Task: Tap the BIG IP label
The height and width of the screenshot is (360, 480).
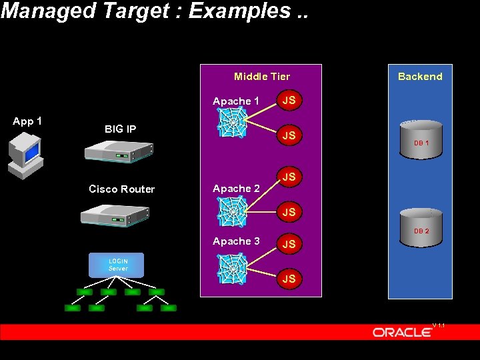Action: coord(120,129)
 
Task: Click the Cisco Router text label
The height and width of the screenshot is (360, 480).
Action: coord(121,189)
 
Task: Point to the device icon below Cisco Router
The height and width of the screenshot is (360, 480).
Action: coord(113,215)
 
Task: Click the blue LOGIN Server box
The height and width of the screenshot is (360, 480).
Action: coord(117,265)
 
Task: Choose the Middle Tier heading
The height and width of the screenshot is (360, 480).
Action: coord(261,77)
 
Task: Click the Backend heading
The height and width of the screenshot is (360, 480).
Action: coord(420,77)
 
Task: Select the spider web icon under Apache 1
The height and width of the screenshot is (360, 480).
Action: coord(233,123)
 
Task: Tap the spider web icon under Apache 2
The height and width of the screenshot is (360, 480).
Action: coord(233,211)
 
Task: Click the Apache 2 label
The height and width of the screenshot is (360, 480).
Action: coord(236,189)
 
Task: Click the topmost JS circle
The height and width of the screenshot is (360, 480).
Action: coord(289,101)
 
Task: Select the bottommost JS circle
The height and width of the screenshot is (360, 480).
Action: coord(289,279)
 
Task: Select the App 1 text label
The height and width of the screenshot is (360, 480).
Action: coord(27,121)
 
